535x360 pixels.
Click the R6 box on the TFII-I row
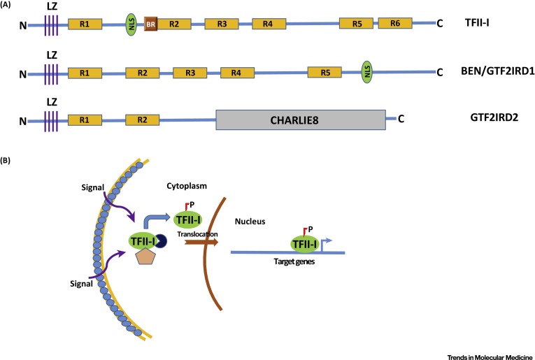396,23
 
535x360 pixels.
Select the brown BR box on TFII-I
150,24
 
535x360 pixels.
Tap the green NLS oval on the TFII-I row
131,23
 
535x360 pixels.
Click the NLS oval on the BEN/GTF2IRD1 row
368,71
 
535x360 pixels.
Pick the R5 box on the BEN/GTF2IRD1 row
325,72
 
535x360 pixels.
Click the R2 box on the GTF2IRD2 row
142,120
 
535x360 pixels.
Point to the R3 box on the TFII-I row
222,24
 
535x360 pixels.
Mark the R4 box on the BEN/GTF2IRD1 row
237,72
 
